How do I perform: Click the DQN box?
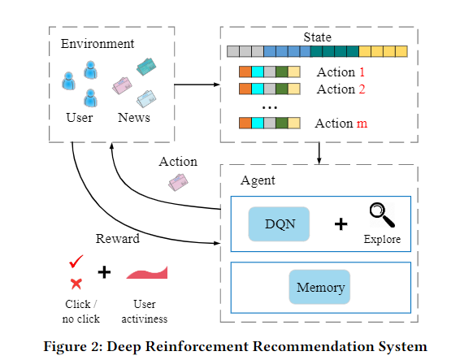coord(279,224)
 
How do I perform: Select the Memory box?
coord(319,287)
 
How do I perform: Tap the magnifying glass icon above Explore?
coord(382,215)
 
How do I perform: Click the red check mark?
coord(76,262)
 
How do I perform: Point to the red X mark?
coord(76,284)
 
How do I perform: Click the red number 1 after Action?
coord(362,72)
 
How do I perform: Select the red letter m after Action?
coord(362,124)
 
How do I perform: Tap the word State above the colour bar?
coord(317,37)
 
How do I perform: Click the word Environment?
coord(98,44)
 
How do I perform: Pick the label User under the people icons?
coord(80,118)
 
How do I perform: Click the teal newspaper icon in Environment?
coord(146,67)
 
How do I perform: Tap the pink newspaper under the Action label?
coord(178,182)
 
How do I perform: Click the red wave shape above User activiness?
coord(147,273)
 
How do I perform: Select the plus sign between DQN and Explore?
coord(341,224)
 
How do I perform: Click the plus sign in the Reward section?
coord(104,272)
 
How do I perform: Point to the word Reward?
coord(118,238)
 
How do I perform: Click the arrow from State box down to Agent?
coord(319,154)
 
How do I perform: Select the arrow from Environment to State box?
coord(197,85)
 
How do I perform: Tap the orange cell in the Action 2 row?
coord(245,89)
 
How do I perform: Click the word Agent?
coord(258,180)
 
